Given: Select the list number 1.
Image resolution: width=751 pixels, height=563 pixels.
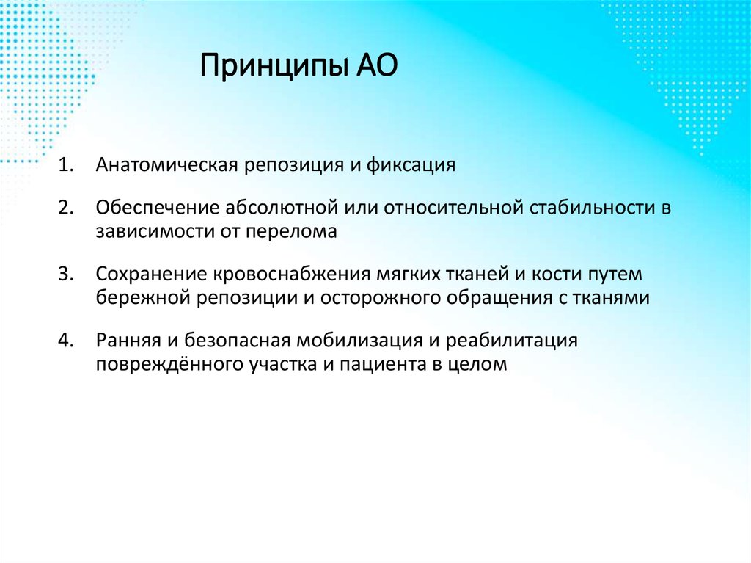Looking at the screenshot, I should [67, 165].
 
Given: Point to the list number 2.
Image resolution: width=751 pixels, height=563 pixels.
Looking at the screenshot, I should [67, 208].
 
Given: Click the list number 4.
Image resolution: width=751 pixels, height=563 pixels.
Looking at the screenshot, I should [67, 341].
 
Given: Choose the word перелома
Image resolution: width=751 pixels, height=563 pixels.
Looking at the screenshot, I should [298, 232].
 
